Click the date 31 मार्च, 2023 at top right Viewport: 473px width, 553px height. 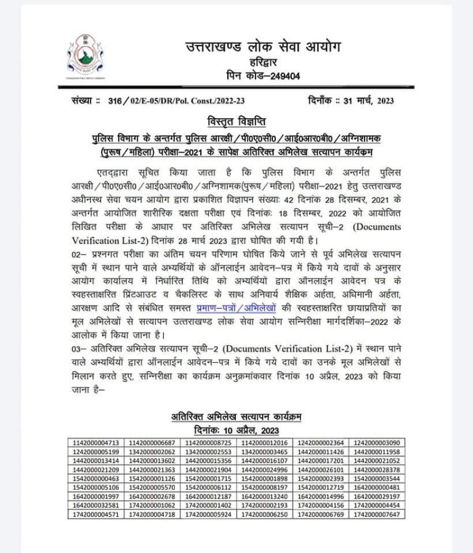click(x=365, y=100)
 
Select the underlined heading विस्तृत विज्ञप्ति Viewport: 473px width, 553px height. click(x=236, y=119)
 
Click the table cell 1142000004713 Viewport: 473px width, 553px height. click(x=95, y=442)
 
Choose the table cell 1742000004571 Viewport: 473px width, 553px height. click(x=95, y=515)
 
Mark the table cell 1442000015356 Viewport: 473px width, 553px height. click(x=208, y=461)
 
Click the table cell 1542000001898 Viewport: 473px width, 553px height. click(x=265, y=479)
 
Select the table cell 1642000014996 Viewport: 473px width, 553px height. click(x=321, y=497)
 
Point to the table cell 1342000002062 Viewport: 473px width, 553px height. click(x=152, y=452)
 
